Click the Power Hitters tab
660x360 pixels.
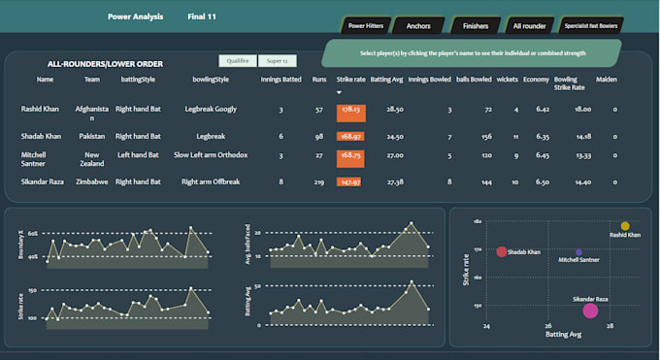tap(363, 25)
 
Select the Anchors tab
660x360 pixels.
tap(418, 25)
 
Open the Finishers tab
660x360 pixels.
tap(475, 25)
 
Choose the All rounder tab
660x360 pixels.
tap(529, 25)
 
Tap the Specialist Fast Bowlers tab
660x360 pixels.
tap(591, 25)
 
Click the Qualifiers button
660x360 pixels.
tap(237, 60)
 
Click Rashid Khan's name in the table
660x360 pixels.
tap(40, 111)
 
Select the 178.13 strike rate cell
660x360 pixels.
tap(350, 111)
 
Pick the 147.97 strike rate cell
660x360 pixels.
tap(350, 181)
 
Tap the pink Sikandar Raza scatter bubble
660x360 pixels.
tap(590, 311)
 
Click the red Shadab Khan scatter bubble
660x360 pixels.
tap(502, 252)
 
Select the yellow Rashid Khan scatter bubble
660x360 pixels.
tap(625, 226)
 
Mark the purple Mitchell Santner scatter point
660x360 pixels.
tap(578, 252)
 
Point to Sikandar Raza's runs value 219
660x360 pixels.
tap(319, 181)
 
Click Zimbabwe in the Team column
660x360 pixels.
tap(92, 181)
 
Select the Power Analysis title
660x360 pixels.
tap(136, 16)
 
